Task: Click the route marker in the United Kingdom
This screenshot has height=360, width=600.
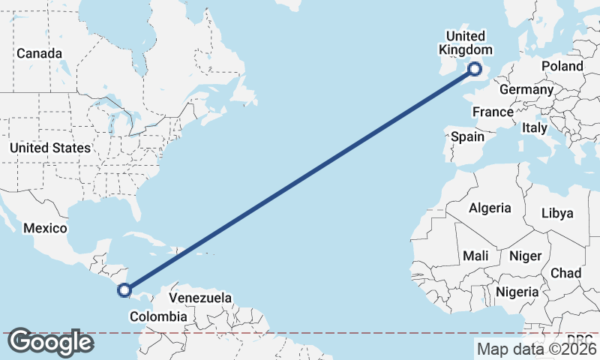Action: [475, 69]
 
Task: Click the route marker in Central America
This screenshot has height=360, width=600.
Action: [125, 289]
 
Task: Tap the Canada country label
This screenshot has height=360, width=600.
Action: [40, 53]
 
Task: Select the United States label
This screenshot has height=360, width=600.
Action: [49, 148]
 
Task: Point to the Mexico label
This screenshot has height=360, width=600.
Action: [45, 228]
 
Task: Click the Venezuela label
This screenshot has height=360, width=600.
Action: [199, 298]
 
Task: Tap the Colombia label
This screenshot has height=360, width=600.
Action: [158, 316]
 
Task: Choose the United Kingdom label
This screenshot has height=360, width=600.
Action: [465, 43]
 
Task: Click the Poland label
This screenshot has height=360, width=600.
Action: [562, 66]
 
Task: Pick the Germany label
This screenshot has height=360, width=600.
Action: [526, 89]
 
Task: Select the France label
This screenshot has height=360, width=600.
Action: [493, 112]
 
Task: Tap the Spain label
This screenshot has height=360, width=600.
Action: [467, 136]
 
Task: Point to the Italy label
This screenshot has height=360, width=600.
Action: [535, 128]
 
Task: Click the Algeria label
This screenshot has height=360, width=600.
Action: [489, 208]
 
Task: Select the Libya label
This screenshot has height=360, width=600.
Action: [557, 213]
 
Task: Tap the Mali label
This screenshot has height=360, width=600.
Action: [475, 256]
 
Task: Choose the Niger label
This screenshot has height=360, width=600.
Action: [525, 256]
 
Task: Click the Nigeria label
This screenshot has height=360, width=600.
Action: [517, 291]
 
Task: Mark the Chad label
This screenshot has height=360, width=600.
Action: [566, 273]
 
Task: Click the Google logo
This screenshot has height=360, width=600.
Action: [50, 342]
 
